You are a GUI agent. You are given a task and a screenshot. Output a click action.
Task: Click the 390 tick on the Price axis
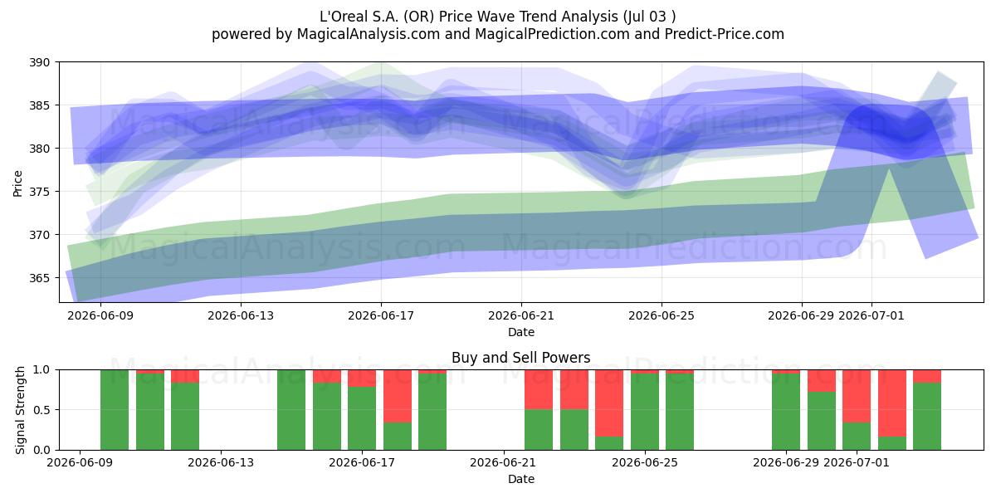click(x=40, y=62)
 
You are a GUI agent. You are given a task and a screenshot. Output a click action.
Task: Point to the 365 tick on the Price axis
click(x=40, y=278)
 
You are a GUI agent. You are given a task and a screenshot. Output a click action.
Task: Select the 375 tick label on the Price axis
click(x=40, y=192)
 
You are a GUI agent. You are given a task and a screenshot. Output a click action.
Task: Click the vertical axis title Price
click(x=17, y=183)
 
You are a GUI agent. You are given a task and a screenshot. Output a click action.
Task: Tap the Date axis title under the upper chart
click(x=521, y=332)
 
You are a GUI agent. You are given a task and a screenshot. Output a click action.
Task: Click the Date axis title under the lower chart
click(x=521, y=479)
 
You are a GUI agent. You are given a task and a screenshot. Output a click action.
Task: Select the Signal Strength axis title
click(x=20, y=410)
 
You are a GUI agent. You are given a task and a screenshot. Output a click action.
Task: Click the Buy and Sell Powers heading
click(x=521, y=358)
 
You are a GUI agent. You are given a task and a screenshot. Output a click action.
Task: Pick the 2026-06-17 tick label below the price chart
click(x=381, y=315)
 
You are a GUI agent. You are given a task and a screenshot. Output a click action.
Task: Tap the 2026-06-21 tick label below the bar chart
click(x=503, y=462)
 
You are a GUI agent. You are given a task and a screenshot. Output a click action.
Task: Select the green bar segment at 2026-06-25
click(x=645, y=412)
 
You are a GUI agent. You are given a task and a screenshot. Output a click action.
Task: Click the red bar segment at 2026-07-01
click(x=857, y=396)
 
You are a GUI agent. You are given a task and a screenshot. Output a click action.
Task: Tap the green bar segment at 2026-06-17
click(x=362, y=418)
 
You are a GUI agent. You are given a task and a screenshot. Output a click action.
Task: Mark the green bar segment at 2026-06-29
click(x=786, y=412)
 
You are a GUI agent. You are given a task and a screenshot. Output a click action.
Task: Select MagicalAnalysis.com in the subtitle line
click(x=369, y=34)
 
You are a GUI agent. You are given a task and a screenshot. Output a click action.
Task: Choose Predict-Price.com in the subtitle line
click(x=725, y=34)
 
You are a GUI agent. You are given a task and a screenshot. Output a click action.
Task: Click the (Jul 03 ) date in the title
click(x=650, y=17)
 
